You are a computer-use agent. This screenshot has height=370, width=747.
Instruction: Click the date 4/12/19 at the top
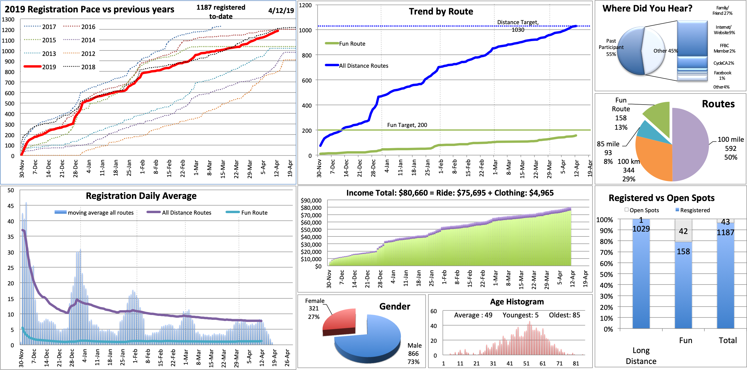tap(281, 11)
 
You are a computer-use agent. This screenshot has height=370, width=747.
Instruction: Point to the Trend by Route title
tap(441, 11)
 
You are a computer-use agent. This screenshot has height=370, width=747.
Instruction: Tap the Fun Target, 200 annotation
tap(407, 125)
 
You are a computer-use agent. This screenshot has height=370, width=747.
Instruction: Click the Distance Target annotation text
tap(518, 22)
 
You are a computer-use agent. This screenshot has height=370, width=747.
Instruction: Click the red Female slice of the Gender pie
tap(340, 320)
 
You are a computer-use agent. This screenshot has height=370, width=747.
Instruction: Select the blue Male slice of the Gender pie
tap(372, 342)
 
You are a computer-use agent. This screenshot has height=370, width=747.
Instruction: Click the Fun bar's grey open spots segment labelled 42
tap(683, 231)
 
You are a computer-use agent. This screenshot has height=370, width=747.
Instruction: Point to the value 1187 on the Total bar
tap(725, 232)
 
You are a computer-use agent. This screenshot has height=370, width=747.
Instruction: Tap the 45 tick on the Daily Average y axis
tap(11, 206)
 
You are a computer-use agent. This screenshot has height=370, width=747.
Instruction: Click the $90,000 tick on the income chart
tap(311, 200)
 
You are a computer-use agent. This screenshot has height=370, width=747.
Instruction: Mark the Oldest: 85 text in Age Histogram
tap(564, 315)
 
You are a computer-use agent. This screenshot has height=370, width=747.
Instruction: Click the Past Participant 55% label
tap(611, 47)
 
